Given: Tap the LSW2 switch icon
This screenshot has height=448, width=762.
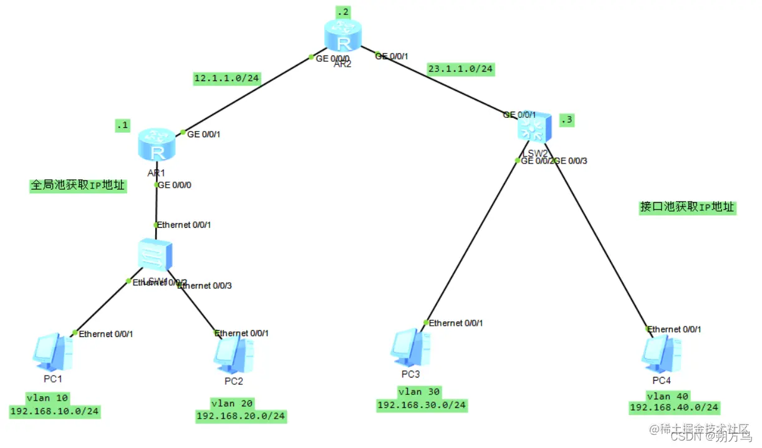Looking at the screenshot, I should [534, 129].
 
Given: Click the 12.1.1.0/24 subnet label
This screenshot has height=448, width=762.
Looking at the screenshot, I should [227, 79].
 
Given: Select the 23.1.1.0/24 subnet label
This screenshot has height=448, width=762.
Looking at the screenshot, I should [460, 69].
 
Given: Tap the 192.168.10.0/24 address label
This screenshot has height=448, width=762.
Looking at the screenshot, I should [55, 411].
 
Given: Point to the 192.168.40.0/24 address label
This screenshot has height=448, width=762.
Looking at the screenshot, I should [674, 407].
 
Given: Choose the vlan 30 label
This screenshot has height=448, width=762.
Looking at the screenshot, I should [422, 392].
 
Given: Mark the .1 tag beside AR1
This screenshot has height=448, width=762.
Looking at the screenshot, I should [122, 125].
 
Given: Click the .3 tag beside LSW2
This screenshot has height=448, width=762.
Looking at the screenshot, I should [566, 120].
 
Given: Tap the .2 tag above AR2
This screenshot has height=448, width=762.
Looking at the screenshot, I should [343, 12].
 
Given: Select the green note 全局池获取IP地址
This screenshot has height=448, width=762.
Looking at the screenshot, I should [79, 185].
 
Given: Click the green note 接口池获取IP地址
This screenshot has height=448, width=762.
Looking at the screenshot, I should [687, 207].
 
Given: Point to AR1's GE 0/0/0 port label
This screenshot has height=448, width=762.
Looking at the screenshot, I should [175, 185].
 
